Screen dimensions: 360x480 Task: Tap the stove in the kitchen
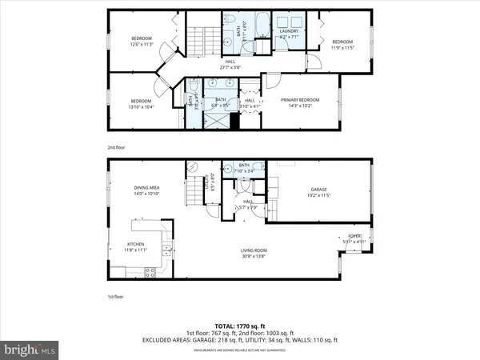pos(150,272)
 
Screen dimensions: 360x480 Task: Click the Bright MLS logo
pos(30,350)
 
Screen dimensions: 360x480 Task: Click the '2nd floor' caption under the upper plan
pos(117,147)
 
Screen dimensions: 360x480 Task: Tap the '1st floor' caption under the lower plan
pos(117,296)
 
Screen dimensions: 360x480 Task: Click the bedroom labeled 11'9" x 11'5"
pos(342,44)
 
